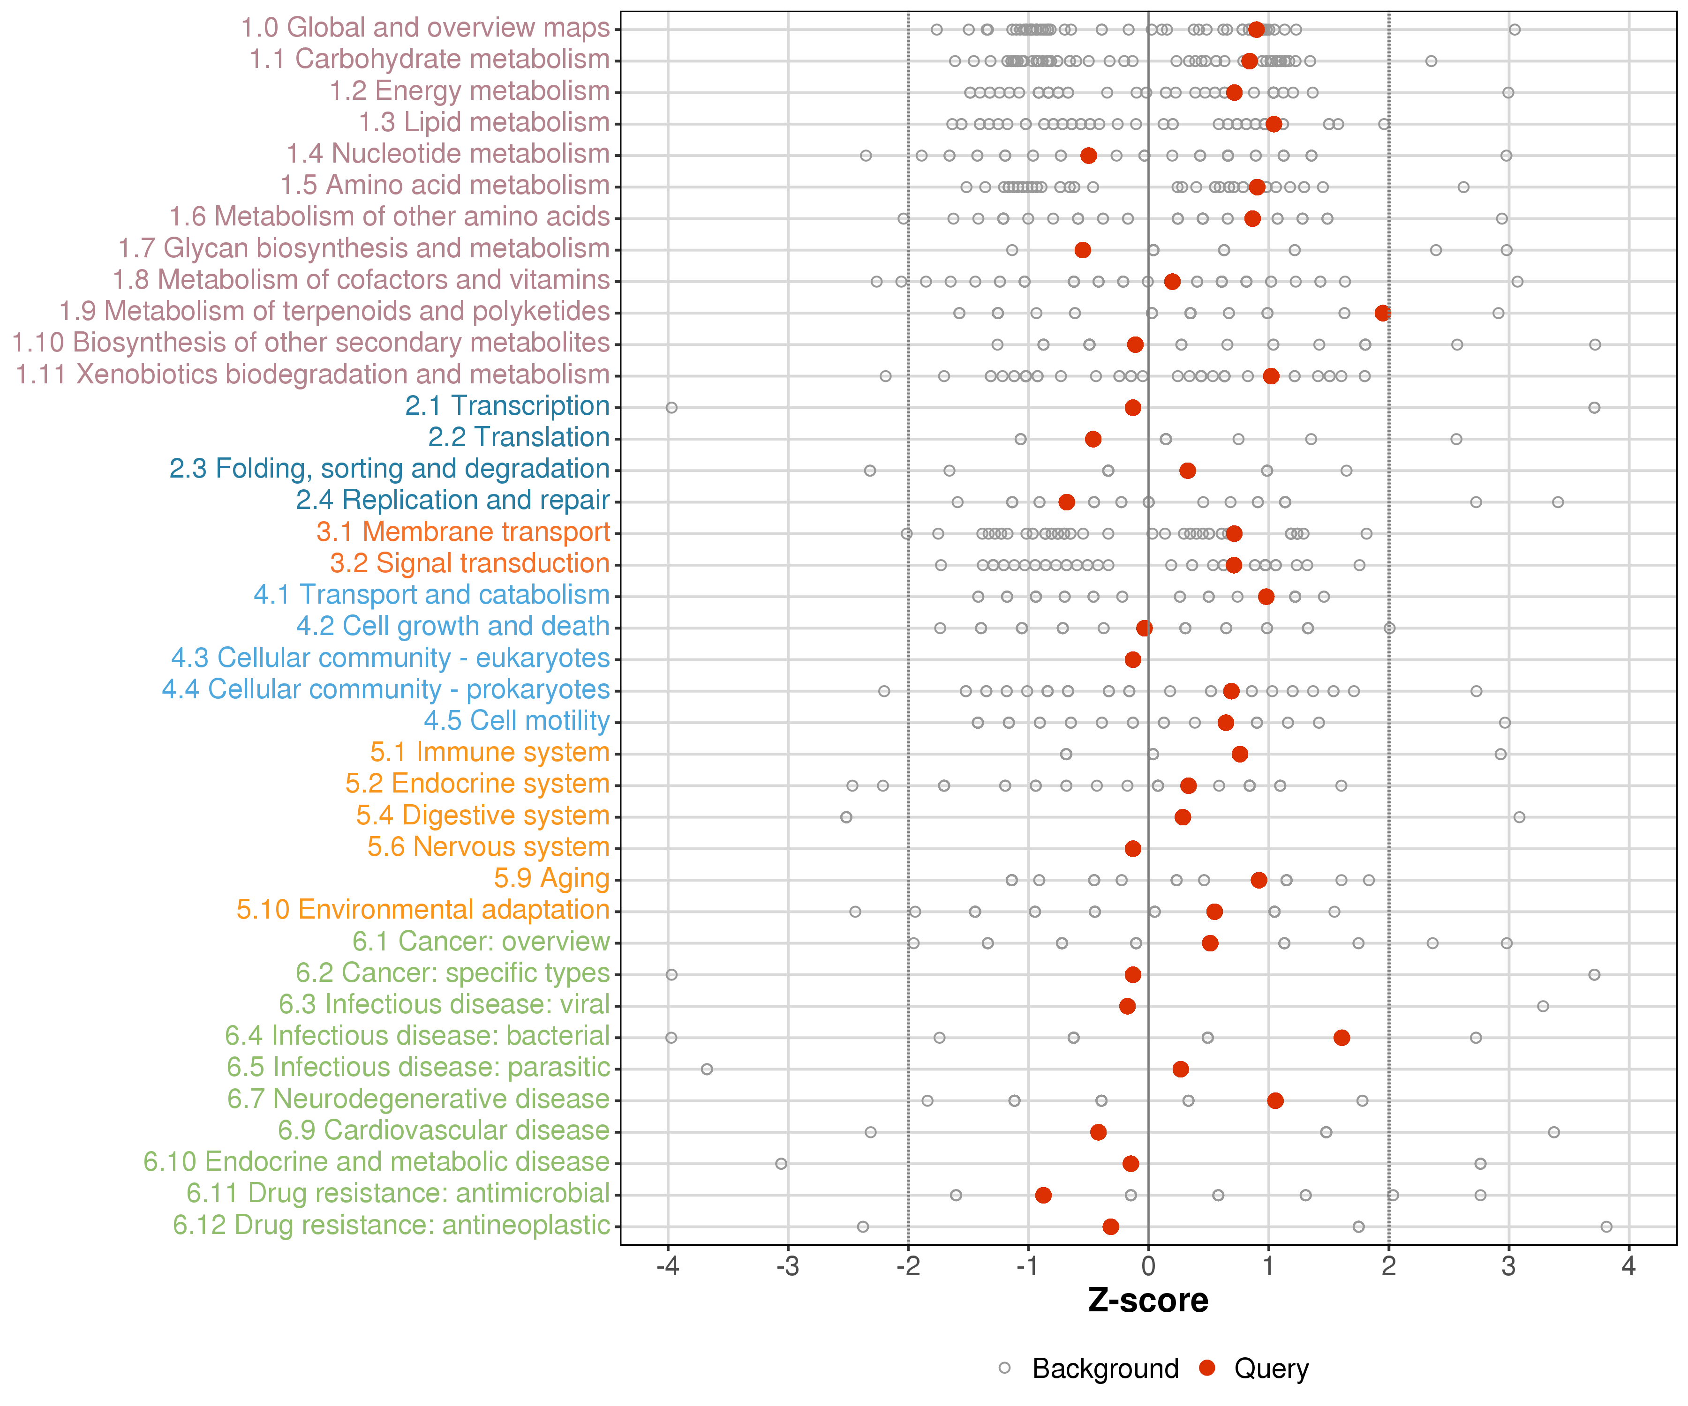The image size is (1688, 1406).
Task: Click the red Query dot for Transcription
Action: (1132, 407)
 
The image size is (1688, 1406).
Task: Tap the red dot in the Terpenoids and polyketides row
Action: (1383, 313)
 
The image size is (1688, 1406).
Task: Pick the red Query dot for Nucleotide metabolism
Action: (1088, 155)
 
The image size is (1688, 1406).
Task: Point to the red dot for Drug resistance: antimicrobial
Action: (1043, 1195)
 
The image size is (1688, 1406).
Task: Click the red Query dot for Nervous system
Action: (1132, 848)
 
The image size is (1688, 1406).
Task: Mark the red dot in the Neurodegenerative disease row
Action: (1275, 1100)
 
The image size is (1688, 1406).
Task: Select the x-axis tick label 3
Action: (1509, 1267)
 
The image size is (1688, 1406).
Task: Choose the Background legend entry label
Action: (1105, 1368)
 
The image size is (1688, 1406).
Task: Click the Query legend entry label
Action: (1272, 1368)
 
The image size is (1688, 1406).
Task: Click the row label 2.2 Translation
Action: (519, 437)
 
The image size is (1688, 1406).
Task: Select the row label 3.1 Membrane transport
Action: (463, 532)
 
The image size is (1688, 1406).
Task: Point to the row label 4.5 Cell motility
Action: (517, 721)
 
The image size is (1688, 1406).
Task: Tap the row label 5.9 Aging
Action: (551, 878)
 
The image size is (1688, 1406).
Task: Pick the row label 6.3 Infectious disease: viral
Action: (445, 1004)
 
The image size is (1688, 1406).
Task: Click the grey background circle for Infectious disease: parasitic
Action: (707, 1069)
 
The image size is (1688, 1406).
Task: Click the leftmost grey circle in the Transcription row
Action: (671, 407)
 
